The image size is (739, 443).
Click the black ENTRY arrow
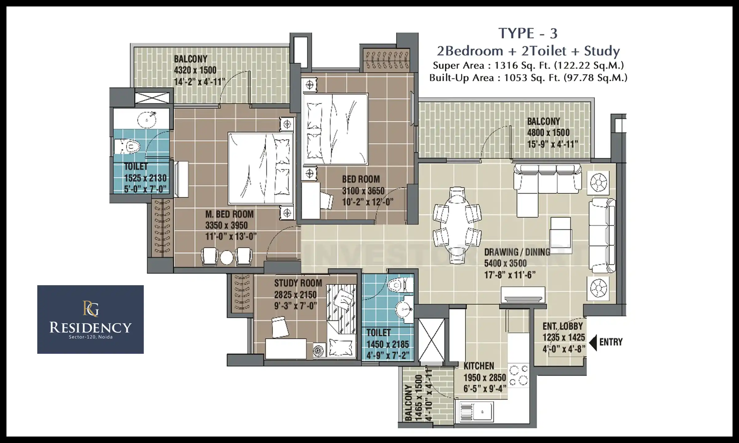(x=593, y=342)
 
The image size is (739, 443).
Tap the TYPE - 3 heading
(x=528, y=33)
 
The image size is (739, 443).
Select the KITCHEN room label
(x=479, y=366)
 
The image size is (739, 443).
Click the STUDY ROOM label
(x=298, y=283)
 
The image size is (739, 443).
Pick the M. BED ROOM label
(x=229, y=214)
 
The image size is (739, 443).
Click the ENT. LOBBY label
(x=563, y=326)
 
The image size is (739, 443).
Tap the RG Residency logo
(x=91, y=319)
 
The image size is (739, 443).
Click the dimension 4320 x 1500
(x=195, y=70)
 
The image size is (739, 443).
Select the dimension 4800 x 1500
(x=548, y=133)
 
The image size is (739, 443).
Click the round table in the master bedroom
(x=227, y=258)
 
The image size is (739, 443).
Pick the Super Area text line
(x=528, y=66)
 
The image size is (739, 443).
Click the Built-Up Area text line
(x=528, y=78)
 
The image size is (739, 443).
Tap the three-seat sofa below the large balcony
(x=547, y=179)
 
